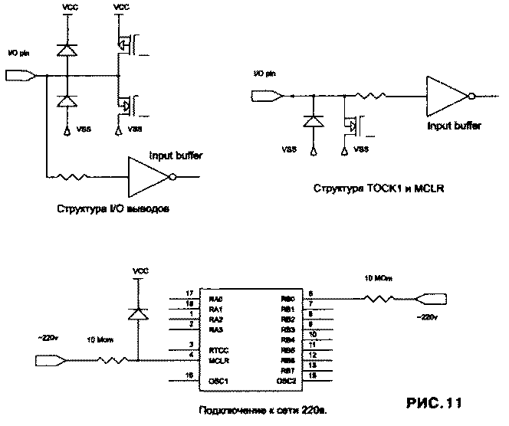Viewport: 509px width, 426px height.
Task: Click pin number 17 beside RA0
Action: pyautogui.click(x=189, y=293)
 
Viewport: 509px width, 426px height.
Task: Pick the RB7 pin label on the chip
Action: pyautogui.click(x=287, y=369)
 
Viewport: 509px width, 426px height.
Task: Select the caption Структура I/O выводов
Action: pyautogui.click(x=112, y=208)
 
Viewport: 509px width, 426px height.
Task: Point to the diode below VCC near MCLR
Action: pyautogui.click(x=138, y=314)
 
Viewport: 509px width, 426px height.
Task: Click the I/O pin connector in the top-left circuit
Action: pyautogui.click(x=20, y=75)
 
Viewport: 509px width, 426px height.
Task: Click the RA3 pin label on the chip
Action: pyautogui.click(x=215, y=329)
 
